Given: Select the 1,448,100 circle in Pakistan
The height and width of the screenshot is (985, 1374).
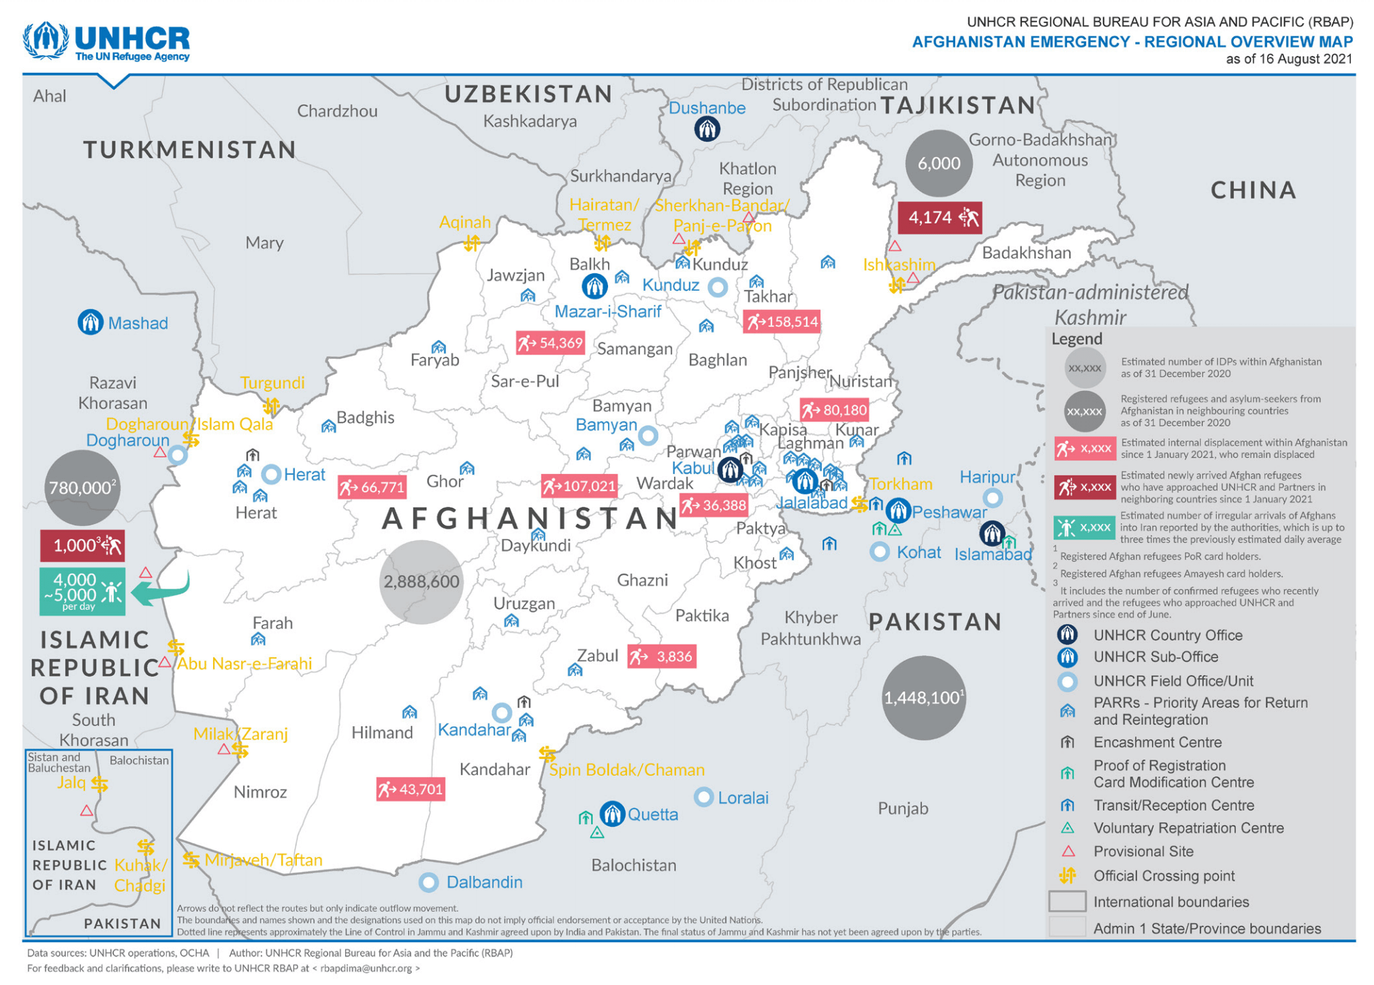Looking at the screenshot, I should (923, 698).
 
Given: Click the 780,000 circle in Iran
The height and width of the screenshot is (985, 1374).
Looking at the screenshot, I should (82, 488).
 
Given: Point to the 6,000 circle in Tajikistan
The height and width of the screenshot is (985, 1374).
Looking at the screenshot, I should (938, 163).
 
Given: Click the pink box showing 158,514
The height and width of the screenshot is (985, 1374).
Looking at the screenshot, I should (781, 322).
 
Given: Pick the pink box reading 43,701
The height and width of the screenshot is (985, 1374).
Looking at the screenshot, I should (411, 789).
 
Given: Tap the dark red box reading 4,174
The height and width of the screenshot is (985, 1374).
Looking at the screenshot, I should (939, 218).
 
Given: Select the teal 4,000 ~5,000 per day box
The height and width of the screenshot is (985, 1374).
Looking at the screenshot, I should (82, 591).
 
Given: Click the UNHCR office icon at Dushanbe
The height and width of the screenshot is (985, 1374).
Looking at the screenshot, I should (707, 129).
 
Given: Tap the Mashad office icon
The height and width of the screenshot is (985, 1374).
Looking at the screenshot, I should (90, 322).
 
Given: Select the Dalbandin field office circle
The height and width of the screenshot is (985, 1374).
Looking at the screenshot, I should (428, 882).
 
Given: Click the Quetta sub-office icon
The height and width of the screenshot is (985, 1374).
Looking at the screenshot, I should (612, 813).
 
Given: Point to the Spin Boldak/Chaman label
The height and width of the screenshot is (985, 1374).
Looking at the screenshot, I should (626, 770).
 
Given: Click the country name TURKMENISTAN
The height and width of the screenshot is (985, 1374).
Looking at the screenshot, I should (189, 149).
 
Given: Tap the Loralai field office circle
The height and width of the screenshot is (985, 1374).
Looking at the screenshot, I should (703, 797).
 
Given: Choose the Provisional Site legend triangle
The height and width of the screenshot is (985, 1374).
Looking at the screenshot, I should (1068, 851).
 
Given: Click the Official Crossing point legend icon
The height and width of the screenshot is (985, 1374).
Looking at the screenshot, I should (1067, 876).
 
